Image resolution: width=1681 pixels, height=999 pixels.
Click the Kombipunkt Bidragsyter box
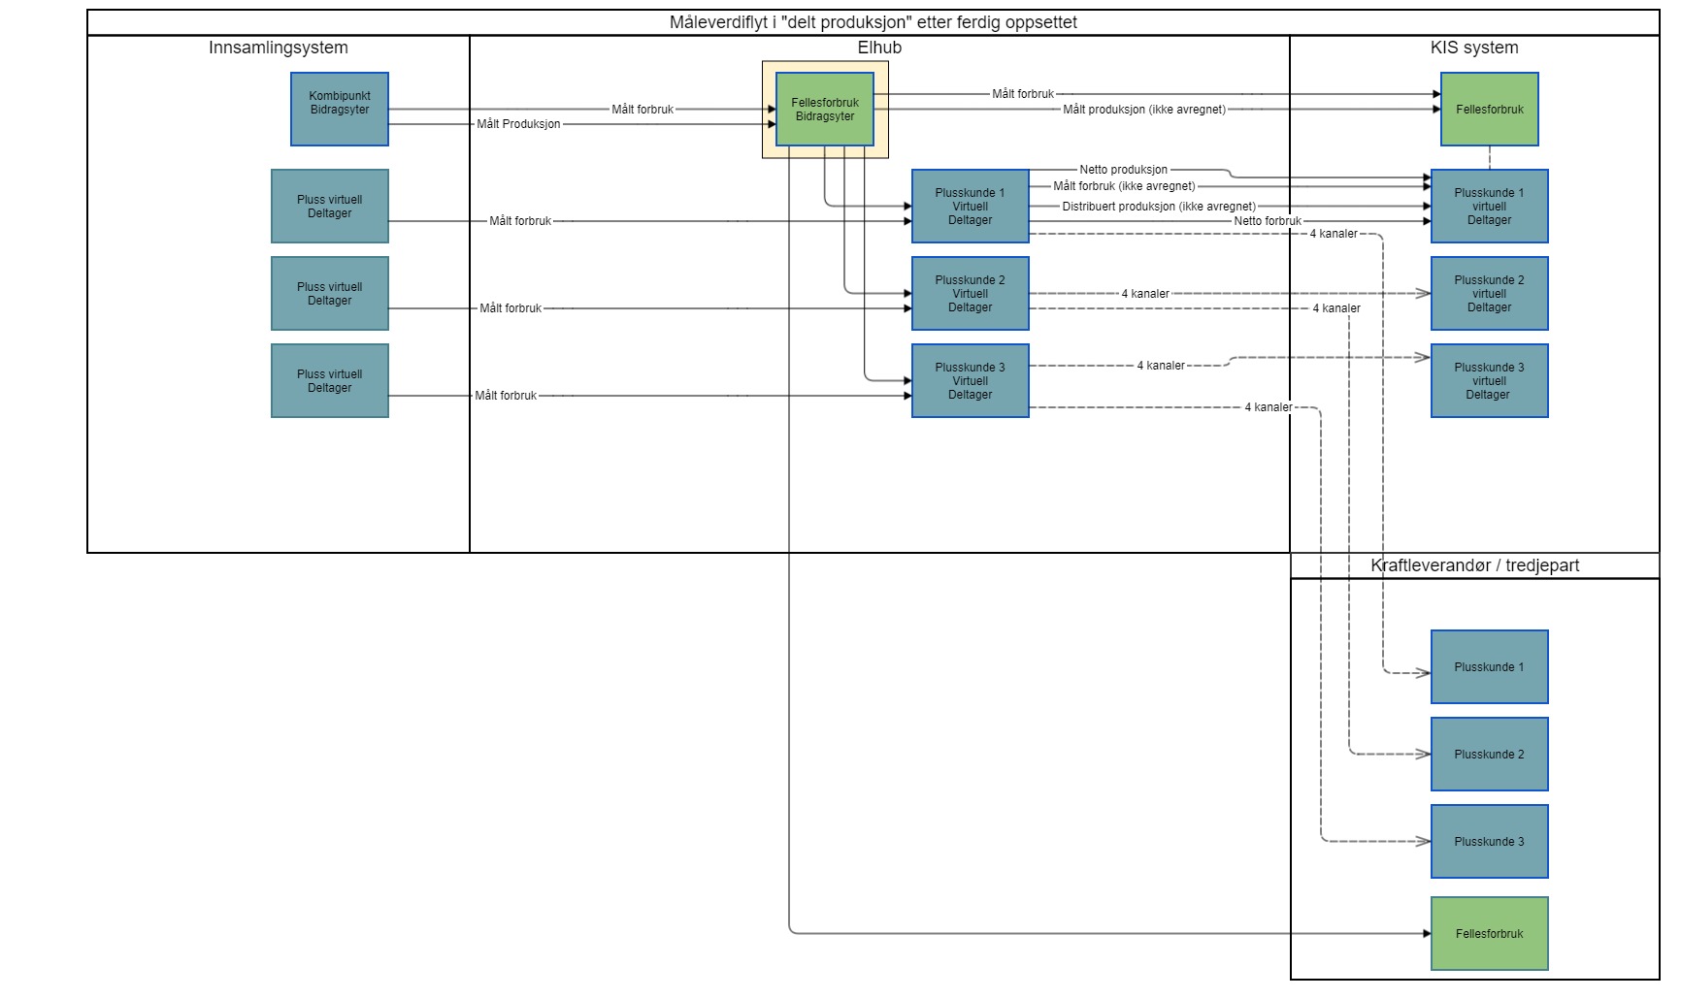(x=340, y=109)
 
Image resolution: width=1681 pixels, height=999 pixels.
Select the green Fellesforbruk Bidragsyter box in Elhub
(x=825, y=110)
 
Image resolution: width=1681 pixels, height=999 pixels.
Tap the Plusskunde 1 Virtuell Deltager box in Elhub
(x=970, y=207)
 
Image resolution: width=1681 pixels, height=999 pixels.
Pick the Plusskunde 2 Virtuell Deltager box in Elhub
(x=970, y=294)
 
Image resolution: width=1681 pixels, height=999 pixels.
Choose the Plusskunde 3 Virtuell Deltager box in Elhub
(x=970, y=381)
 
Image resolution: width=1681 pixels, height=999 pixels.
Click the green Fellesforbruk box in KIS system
(x=1489, y=110)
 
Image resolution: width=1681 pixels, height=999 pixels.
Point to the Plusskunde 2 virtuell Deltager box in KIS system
(x=1489, y=294)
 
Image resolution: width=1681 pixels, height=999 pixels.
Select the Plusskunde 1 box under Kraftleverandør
(x=1489, y=667)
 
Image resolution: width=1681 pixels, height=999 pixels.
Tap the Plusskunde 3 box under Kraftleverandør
(x=1489, y=842)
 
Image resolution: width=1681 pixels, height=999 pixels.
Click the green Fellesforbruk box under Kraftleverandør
(x=1489, y=934)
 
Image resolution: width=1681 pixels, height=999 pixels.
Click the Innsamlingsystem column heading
(x=278, y=48)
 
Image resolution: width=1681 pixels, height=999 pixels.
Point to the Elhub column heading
(x=879, y=48)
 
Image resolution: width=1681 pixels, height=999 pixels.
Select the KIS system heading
(x=1474, y=48)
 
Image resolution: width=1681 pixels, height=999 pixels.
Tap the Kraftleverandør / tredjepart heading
(x=1474, y=565)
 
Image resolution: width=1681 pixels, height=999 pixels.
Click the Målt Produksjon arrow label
(x=518, y=124)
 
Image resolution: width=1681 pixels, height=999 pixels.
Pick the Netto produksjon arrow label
(x=1124, y=170)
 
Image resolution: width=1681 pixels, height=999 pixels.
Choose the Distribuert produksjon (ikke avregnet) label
(x=1159, y=207)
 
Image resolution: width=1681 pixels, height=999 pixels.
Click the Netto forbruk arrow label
(x=1268, y=221)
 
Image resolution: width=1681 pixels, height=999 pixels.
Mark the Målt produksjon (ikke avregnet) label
(x=1144, y=110)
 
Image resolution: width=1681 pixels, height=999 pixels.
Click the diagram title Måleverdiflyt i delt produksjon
(x=873, y=22)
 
